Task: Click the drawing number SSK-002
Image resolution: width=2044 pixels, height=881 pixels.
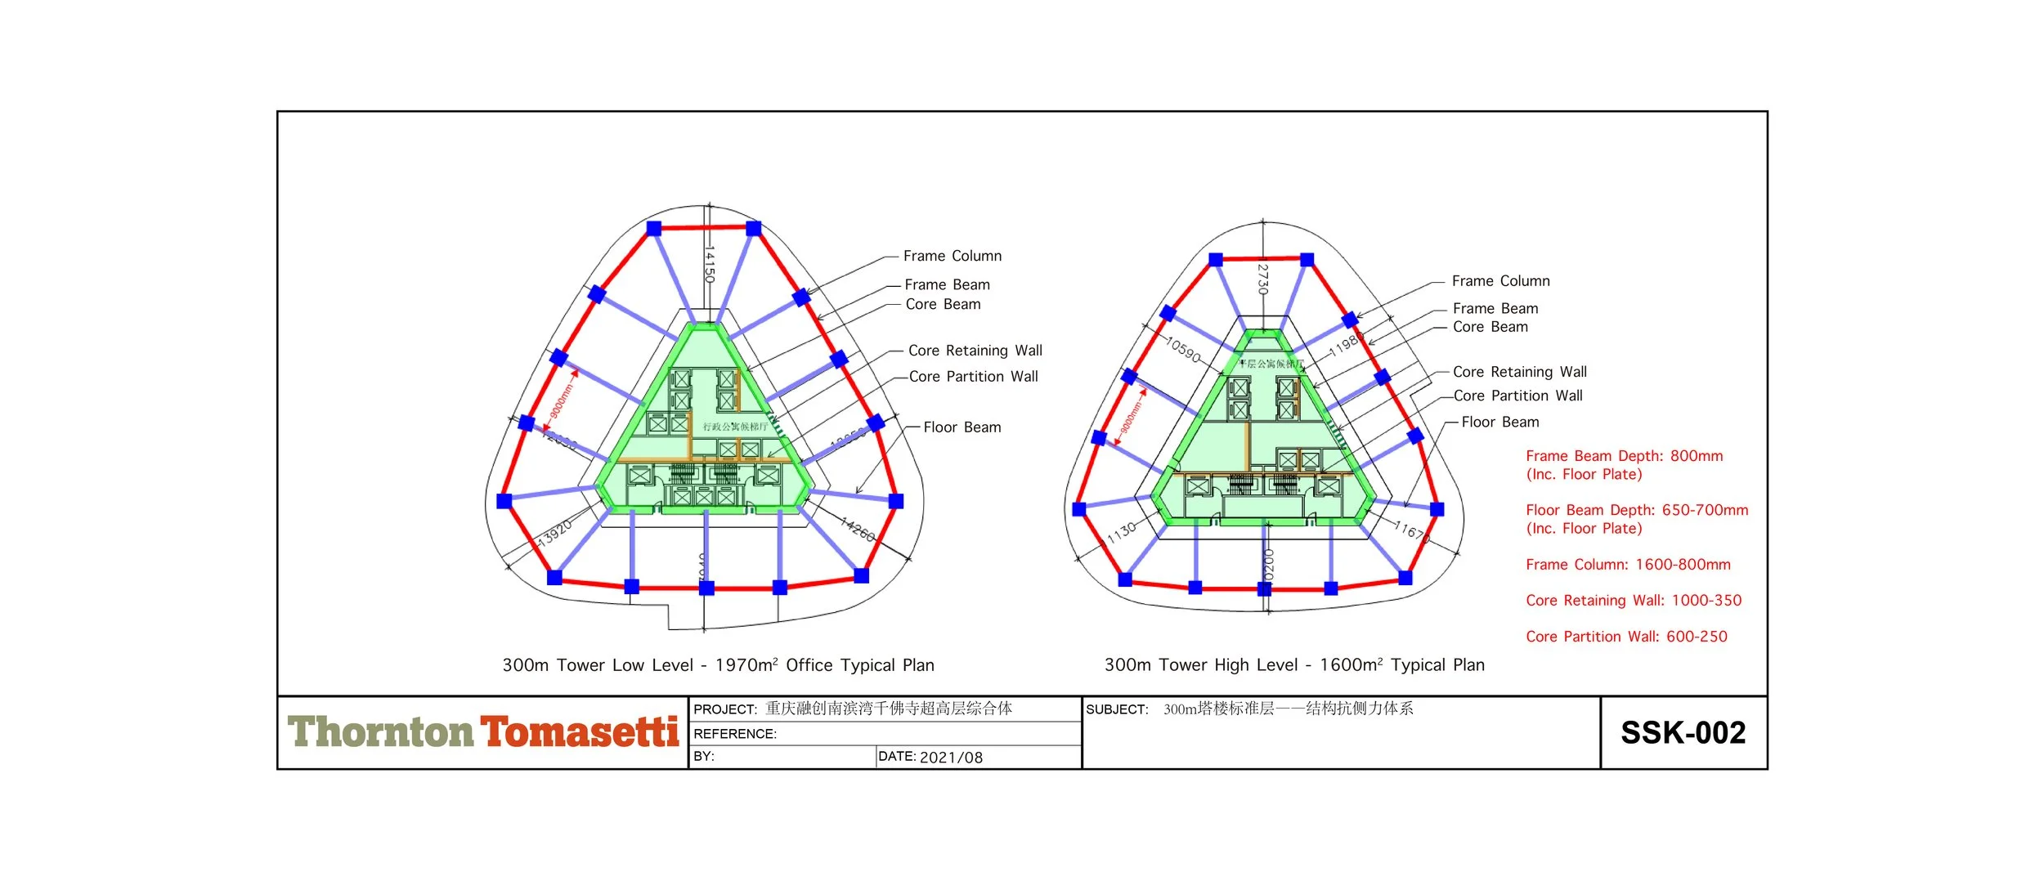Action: pyautogui.click(x=1683, y=733)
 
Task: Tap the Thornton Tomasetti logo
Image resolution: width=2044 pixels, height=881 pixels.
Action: pyautogui.click(x=482, y=732)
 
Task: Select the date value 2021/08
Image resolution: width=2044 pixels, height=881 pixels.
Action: pyautogui.click(x=951, y=758)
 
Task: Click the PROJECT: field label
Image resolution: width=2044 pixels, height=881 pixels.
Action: pyautogui.click(x=725, y=709)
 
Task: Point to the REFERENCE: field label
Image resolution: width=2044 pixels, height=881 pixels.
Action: pyautogui.click(x=735, y=734)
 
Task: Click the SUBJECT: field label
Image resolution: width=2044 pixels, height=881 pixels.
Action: pyautogui.click(x=1117, y=709)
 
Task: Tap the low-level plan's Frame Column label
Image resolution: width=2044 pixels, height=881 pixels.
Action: pyautogui.click(x=952, y=256)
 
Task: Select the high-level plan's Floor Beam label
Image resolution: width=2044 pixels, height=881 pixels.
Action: pyautogui.click(x=1499, y=422)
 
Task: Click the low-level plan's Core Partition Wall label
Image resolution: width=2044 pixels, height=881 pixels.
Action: pyautogui.click(x=973, y=377)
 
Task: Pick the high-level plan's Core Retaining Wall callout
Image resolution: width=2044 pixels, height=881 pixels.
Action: pyautogui.click(x=1519, y=372)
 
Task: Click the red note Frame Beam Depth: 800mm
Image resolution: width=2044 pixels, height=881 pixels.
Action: pyautogui.click(x=1624, y=456)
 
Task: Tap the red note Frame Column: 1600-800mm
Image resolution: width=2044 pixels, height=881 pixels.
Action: pyautogui.click(x=1628, y=565)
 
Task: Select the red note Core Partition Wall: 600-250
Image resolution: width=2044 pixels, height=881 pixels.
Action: pyautogui.click(x=1626, y=637)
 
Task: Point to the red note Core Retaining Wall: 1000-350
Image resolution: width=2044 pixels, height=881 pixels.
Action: pyautogui.click(x=1634, y=601)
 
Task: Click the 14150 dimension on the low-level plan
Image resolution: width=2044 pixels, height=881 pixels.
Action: pyautogui.click(x=710, y=263)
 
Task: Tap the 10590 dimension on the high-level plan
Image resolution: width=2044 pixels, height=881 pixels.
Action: pyautogui.click(x=1183, y=350)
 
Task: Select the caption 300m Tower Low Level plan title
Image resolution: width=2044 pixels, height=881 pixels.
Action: pyautogui.click(x=718, y=665)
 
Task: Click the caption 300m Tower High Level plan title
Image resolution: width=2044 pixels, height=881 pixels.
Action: pyautogui.click(x=1294, y=665)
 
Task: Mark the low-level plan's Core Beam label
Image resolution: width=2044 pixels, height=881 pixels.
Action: pyautogui.click(x=943, y=304)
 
